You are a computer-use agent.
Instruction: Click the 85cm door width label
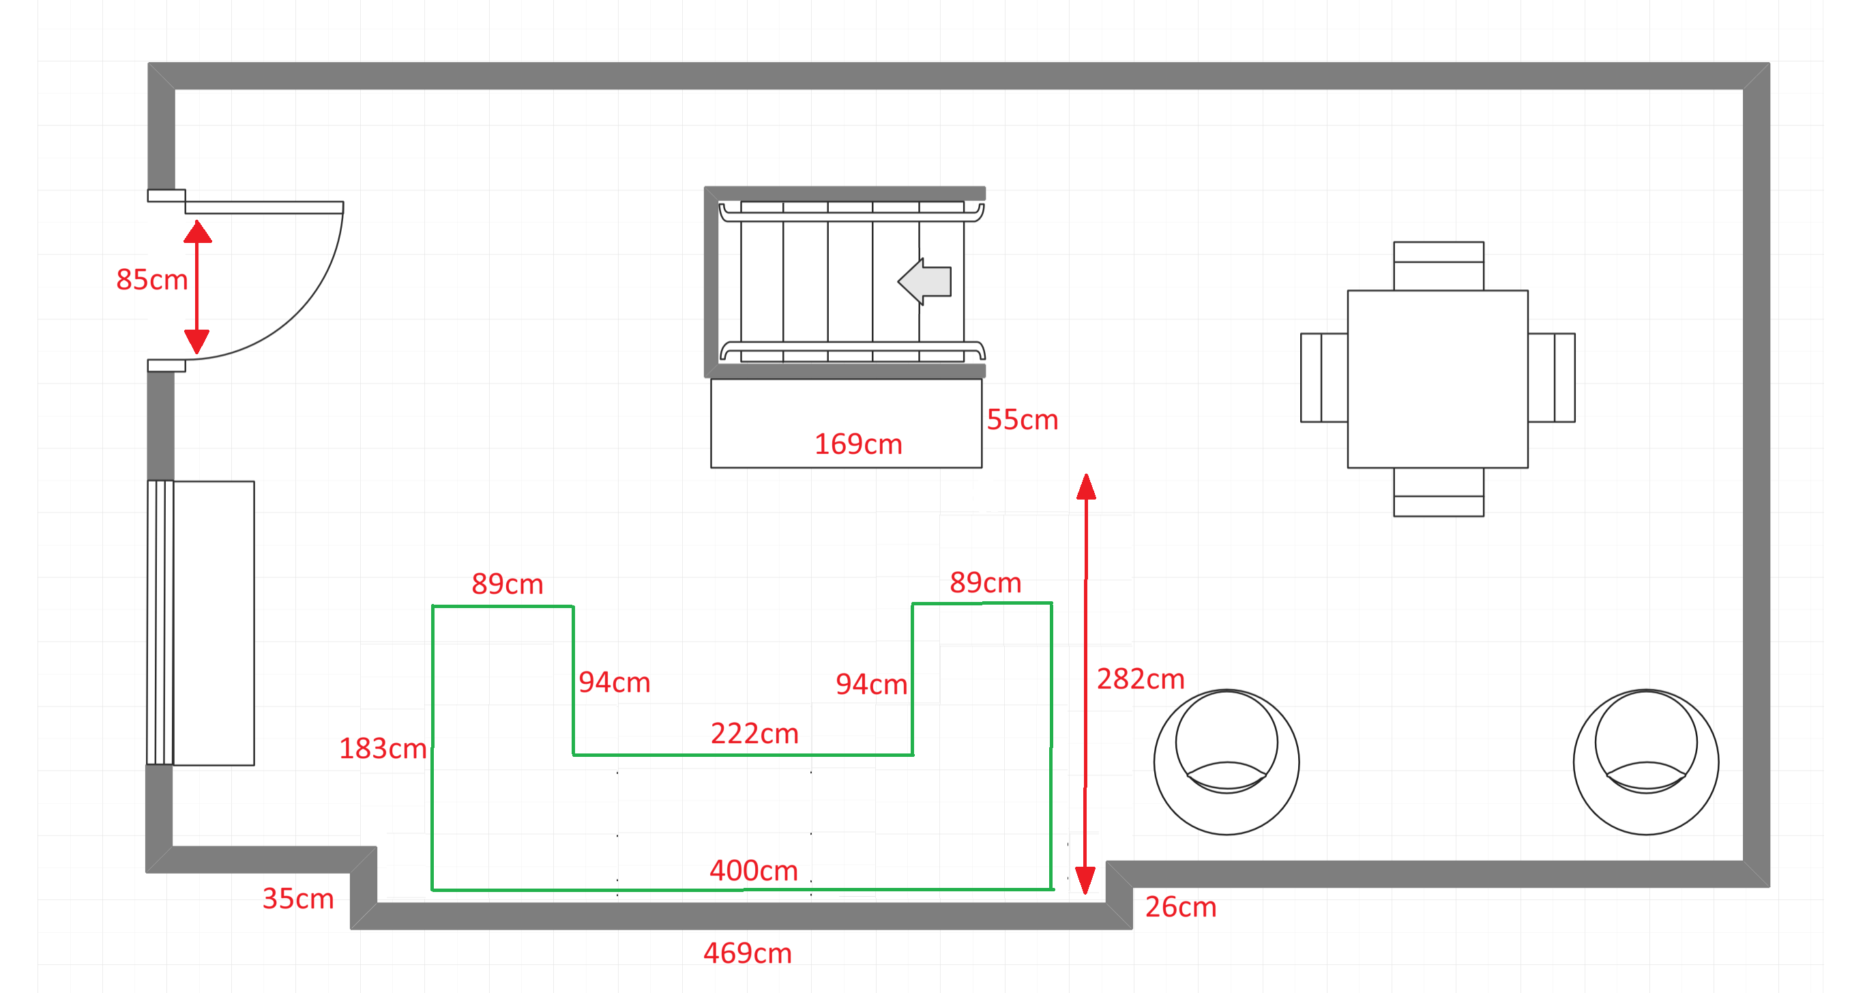click(x=151, y=280)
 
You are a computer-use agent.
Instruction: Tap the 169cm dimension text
click(x=857, y=444)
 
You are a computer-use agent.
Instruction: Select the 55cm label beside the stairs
click(x=1022, y=420)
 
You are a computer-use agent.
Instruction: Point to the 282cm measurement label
click(x=1141, y=679)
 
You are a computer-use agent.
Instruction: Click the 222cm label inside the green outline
click(x=754, y=734)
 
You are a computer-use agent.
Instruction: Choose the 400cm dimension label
click(x=753, y=871)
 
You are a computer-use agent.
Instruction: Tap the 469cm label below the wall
click(x=747, y=953)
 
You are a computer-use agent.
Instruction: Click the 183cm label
click(x=383, y=749)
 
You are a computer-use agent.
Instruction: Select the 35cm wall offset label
click(x=298, y=899)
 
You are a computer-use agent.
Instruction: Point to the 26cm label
click(x=1181, y=908)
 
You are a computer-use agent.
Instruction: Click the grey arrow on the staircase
click(x=924, y=282)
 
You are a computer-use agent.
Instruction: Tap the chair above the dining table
click(x=1439, y=266)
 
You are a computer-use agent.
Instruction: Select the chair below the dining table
click(x=1439, y=492)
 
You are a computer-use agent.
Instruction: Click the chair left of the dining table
click(x=1323, y=377)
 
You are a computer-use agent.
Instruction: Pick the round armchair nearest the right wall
click(x=1646, y=762)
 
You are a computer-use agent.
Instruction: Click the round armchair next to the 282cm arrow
click(x=1227, y=762)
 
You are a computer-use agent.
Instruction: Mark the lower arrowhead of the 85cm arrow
click(x=196, y=342)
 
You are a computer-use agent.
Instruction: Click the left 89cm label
click(x=507, y=584)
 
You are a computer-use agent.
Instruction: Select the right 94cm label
click(x=871, y=685)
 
